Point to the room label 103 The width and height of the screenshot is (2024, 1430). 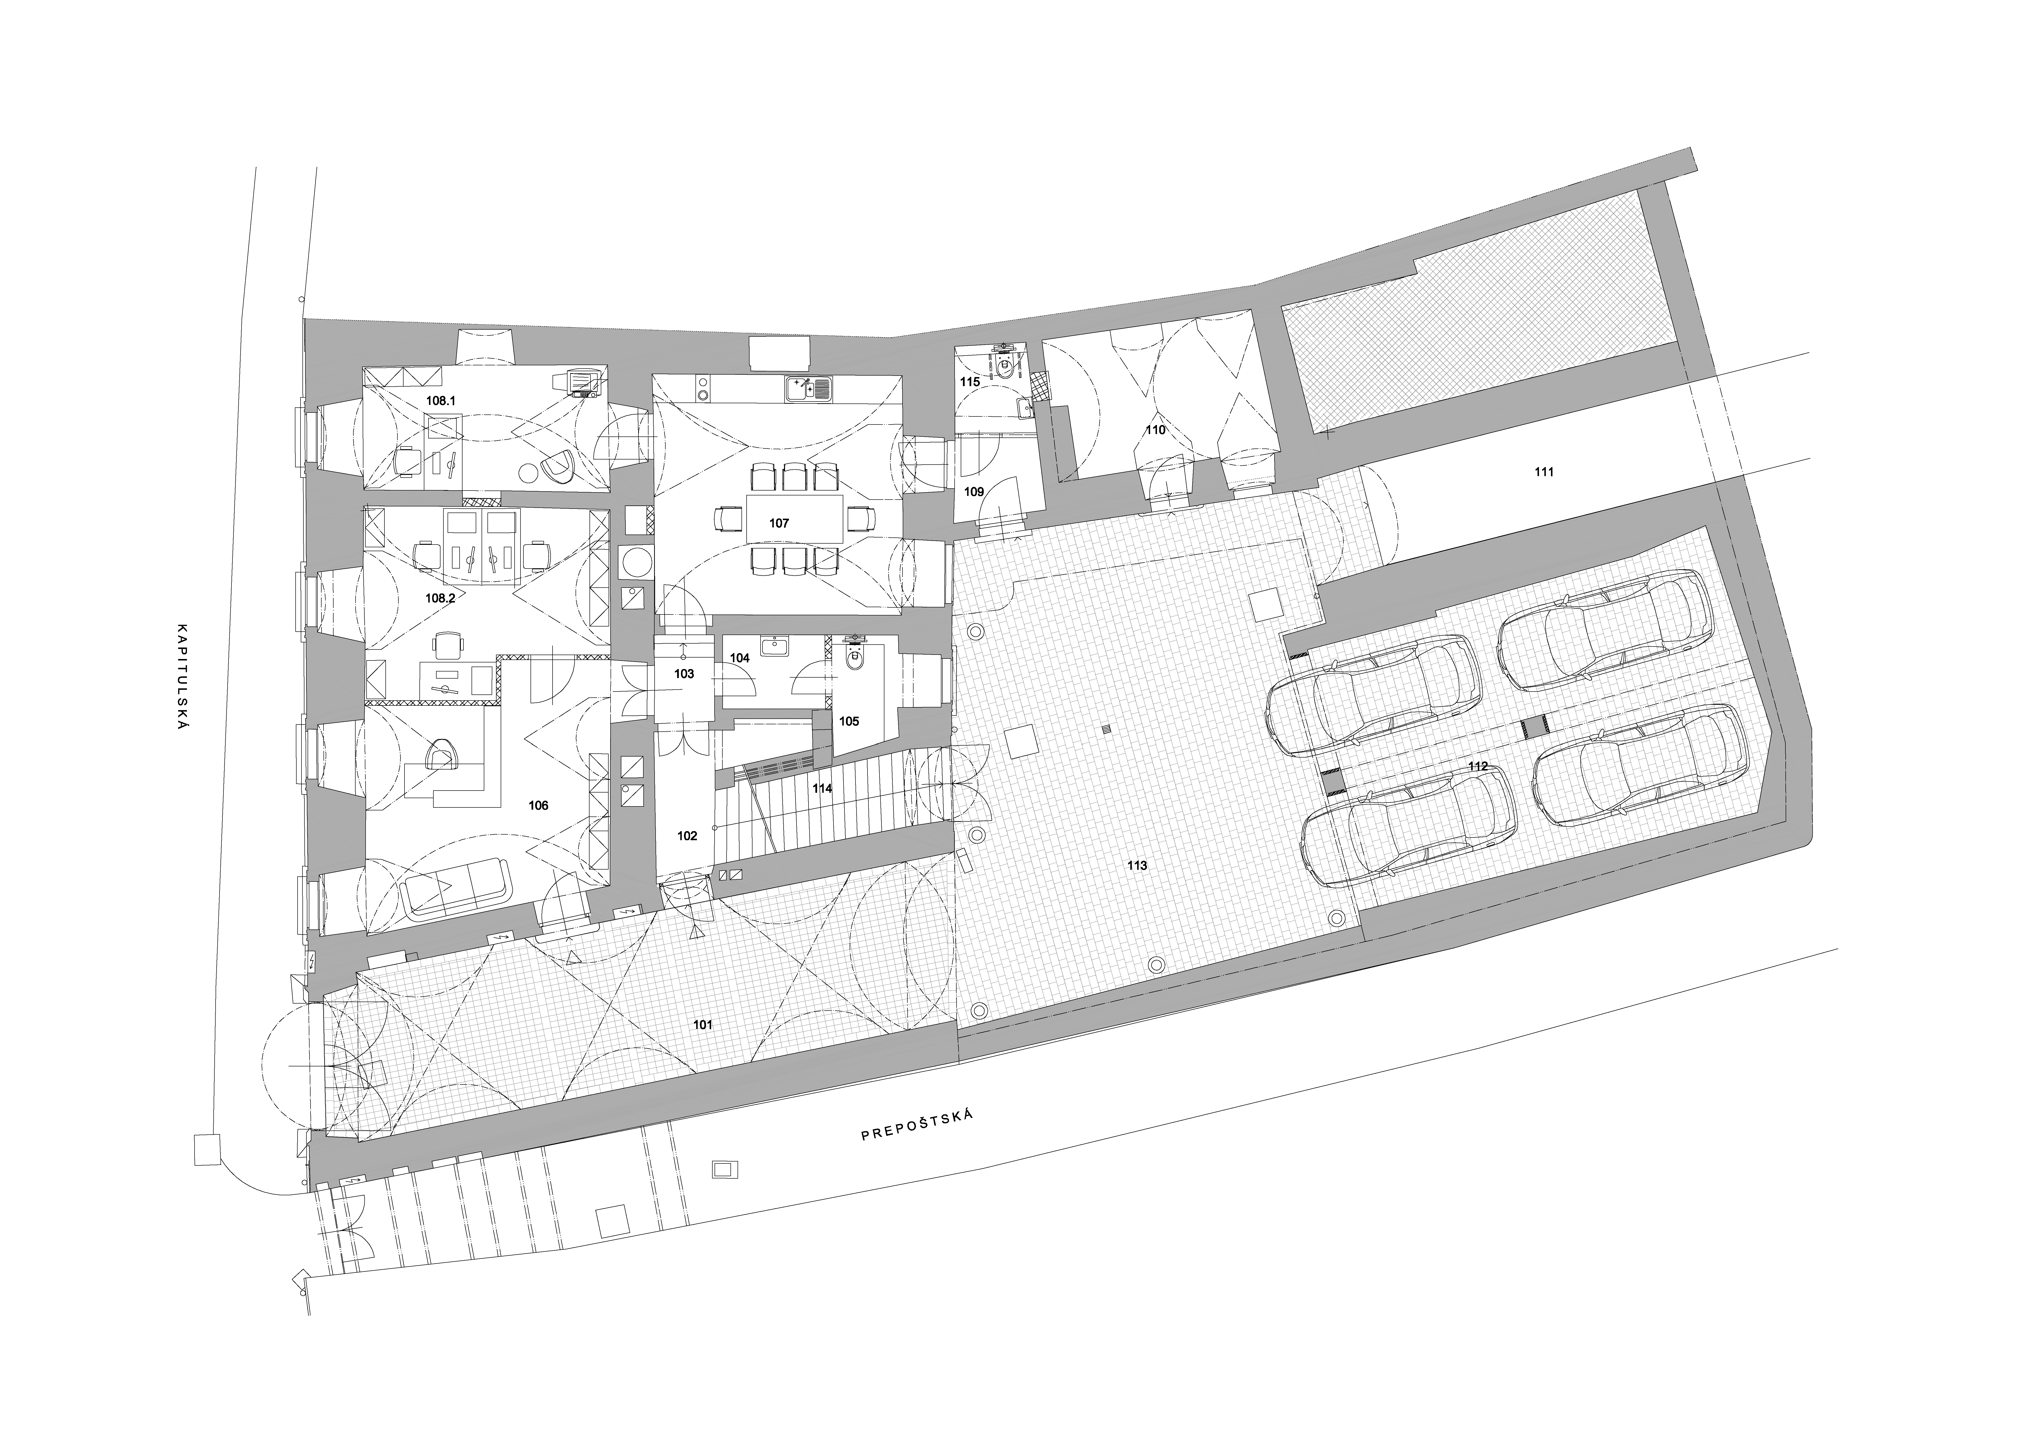coord(684,674)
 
